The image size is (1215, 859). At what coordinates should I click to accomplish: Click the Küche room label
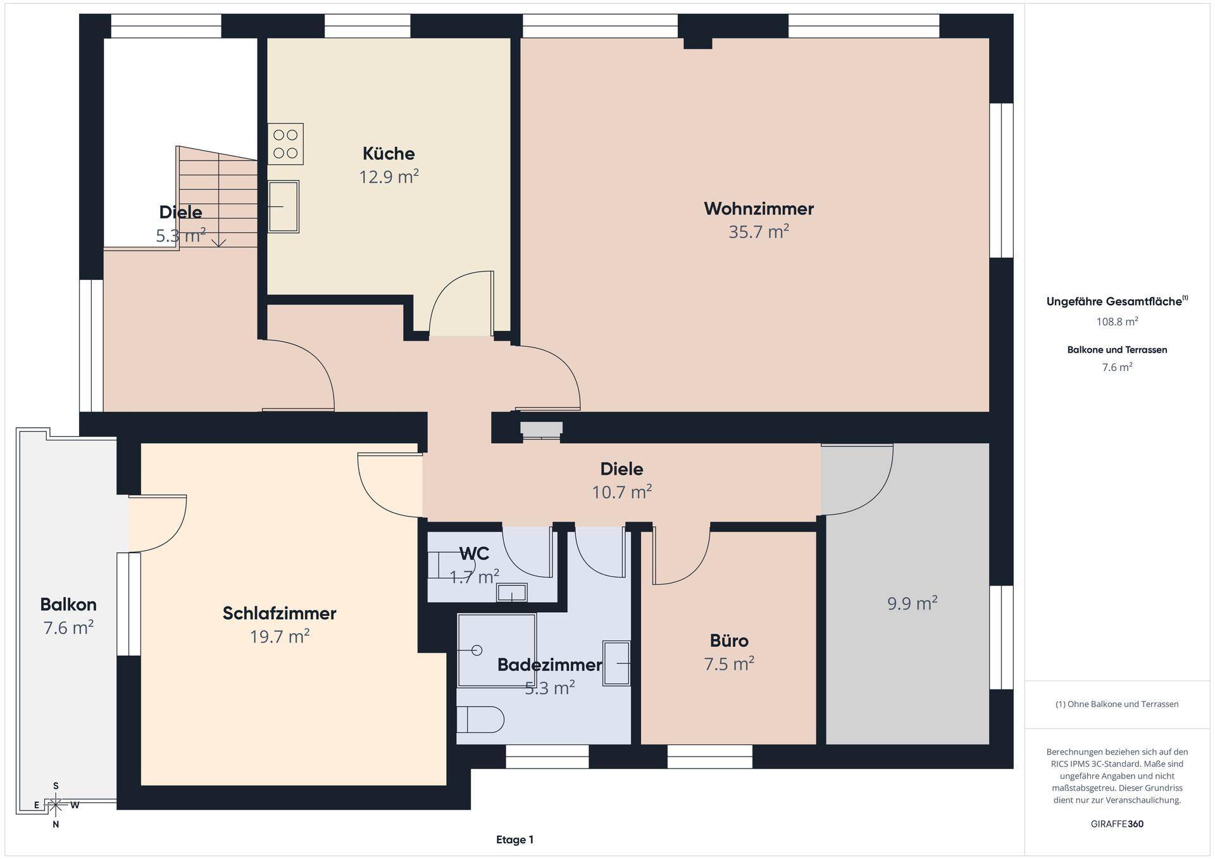point(389,154)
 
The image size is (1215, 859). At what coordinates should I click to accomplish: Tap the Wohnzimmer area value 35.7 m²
point(759,232)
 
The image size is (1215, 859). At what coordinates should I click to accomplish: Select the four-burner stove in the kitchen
point(285,144)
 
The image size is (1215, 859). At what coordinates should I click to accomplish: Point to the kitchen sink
point(283,206)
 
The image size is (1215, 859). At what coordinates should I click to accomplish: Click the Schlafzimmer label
point(279,613)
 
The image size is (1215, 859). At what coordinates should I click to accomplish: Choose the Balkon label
point(68,605)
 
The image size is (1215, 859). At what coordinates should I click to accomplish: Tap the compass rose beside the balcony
point(56,805)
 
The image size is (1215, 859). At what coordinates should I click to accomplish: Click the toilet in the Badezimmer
point(480,720)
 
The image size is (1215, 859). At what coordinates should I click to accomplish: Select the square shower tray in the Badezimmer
point(497,649)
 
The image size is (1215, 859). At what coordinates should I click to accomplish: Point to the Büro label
point(729,641)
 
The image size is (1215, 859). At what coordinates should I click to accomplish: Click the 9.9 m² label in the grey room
point(912,603)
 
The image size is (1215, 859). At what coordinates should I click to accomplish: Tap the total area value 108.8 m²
point(1117,322)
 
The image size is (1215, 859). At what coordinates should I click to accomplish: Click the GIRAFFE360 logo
point(1117,824)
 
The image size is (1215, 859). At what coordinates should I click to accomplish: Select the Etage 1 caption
point(514,840)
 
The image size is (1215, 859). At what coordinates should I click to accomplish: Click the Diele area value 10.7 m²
point(621,492)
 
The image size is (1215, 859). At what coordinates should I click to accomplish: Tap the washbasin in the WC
point(511,593)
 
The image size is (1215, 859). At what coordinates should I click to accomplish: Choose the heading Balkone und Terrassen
point(1117,349)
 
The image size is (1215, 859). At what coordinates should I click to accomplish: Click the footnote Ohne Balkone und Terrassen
point(1117,704)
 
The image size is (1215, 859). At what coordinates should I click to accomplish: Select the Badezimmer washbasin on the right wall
point(616,663)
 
